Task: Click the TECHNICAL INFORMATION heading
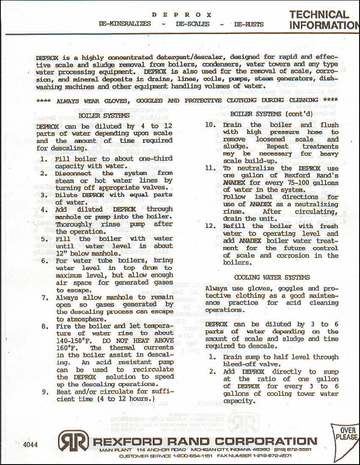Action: point(324,20)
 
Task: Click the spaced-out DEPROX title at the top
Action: point(182,15)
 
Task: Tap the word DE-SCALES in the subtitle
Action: point(193,24)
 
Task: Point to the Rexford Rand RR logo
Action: point(73,440)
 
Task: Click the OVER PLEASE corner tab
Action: point(346,434)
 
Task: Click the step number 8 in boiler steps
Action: point(45,327)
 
